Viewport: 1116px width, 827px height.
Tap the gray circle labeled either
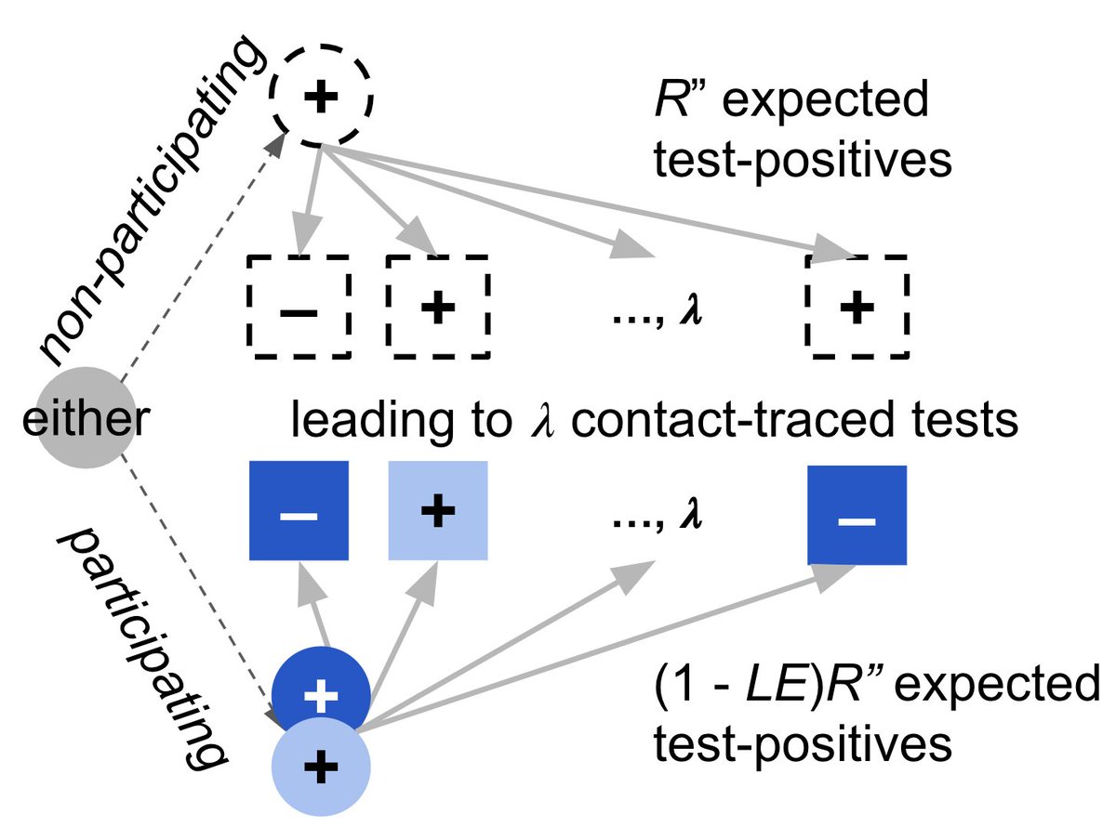point(86,418)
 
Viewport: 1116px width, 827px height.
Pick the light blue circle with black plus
point(321,768)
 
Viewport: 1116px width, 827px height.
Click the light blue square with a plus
point(438,510)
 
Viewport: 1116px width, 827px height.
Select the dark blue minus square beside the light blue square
point(299,510)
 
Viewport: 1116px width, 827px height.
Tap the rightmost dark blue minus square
point(857,516)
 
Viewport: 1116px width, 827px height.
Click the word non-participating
point(151,201)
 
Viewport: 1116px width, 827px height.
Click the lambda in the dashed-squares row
point(690,310)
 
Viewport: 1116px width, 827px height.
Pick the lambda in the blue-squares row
point(690,515)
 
